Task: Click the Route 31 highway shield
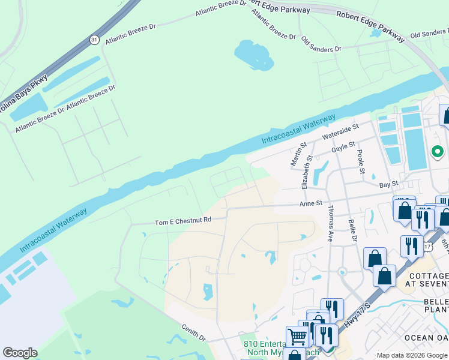point(94,40)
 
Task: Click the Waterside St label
point(340,131)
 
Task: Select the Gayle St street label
point(343,146)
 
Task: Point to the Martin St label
point(295,154)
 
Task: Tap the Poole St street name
point(361,162)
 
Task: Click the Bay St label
point(389,184)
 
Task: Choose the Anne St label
point(312,204)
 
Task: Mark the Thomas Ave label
point(330,223)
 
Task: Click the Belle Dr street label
point(352,231)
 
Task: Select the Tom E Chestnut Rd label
point(183,220)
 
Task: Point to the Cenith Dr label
point(193,329)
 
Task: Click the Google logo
point(20,353)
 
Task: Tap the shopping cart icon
point(297,337)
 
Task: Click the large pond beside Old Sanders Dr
point(254,55)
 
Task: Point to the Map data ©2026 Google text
point(411,355)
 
